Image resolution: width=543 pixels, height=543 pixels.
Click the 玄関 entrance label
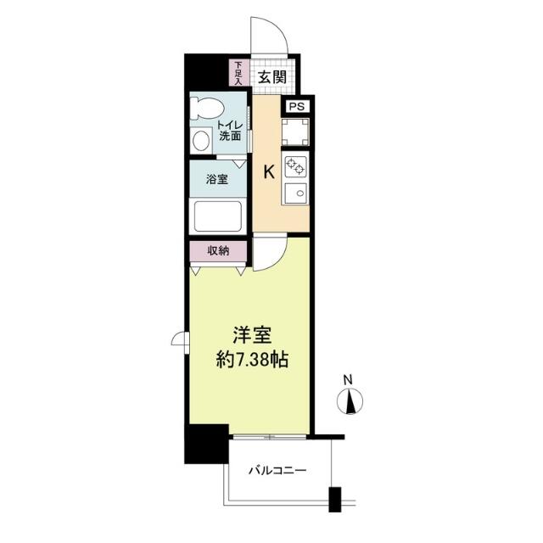tap(273, 77)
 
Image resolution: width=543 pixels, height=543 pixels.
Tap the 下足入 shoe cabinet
tap(238, 73)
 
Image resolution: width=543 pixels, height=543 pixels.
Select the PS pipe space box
tap(297, 106)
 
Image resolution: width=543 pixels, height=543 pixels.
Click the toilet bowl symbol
tap(205, 108)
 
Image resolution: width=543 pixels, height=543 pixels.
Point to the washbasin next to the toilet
tap(201, 141)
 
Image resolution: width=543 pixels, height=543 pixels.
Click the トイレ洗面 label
tap(230, 131)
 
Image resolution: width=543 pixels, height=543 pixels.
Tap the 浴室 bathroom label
tap(217, 179)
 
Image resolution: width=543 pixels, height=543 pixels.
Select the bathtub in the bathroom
tap(218, 216)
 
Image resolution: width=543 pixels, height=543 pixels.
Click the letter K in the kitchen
tap(269, 171)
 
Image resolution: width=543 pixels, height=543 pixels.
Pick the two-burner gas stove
tap(295, 166)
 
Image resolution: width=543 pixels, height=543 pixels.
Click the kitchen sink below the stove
tap(295, 193)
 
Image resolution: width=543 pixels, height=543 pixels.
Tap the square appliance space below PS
tap(295, 132)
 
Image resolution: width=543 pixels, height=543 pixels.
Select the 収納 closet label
tap(218, 251)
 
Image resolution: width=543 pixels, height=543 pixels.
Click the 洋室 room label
tap(252, 335)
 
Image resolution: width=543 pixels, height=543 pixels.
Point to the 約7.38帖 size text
tap(252, 360)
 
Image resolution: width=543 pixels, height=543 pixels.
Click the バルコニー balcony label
tap(277, 470)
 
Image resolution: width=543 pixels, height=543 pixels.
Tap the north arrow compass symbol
tap(350, 401)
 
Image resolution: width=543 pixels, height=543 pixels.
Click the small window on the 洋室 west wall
tap(181, 342)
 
